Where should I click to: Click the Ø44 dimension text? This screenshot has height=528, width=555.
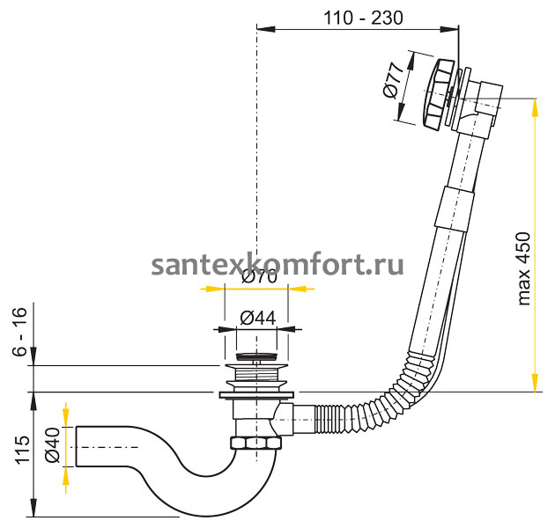click(257, 317)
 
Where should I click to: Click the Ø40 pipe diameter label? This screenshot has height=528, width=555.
click(53, 445)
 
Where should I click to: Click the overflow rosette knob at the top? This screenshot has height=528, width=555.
click(437, 92)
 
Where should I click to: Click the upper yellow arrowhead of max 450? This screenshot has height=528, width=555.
click(535, 105)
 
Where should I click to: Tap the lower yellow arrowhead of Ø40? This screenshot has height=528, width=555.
click(64, 480)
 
